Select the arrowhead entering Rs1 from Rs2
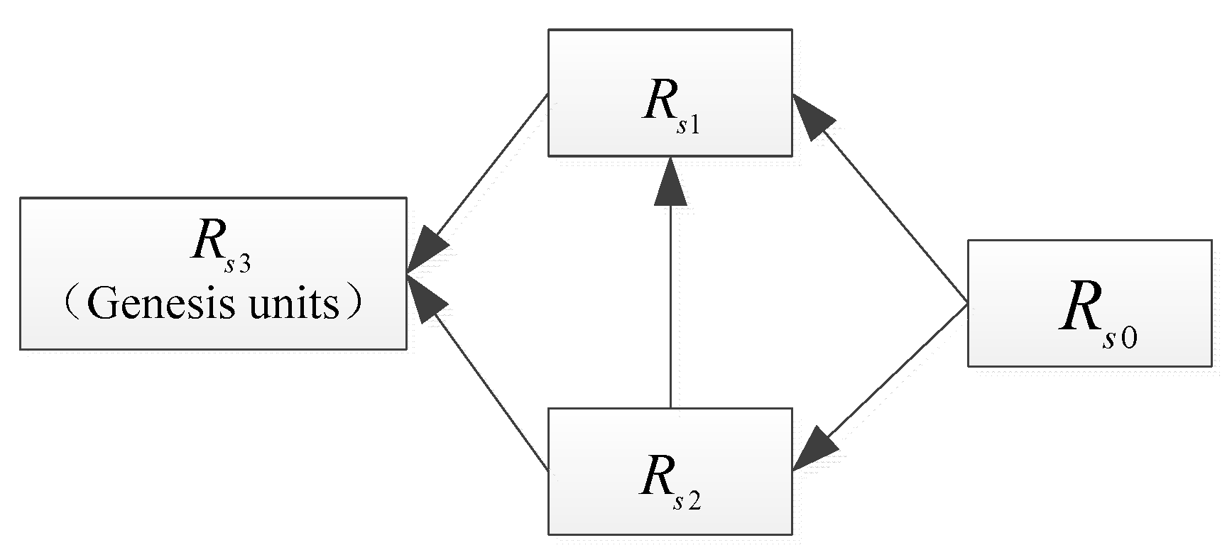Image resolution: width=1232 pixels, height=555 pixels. (x=670, y=183)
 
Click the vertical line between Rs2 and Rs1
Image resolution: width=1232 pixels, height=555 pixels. (x=670, y=305)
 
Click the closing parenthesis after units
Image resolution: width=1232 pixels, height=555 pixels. (x=355, y=306)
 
